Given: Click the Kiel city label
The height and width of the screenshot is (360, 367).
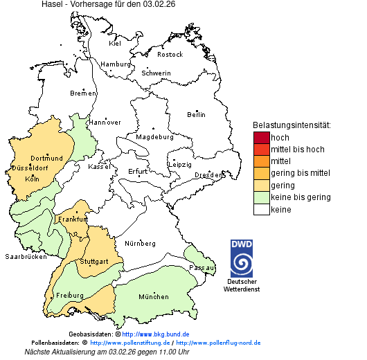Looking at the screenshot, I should point(115,44).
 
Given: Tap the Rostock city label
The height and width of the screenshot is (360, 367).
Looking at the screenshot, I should point(170,55).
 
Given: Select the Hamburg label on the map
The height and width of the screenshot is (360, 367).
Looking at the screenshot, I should point(116,64).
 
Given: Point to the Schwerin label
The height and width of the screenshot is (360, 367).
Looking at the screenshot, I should point(156,73).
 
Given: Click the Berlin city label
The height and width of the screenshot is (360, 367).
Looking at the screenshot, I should point(196,114).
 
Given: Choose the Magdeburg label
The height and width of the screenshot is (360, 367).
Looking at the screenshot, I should point(154,137).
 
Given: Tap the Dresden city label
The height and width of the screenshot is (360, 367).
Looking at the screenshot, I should point(208,175).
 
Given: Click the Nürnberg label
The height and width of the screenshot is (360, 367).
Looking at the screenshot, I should point(140,244).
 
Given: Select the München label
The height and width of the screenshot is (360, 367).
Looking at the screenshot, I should point(154,297).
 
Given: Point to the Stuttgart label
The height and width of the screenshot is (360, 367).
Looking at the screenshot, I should point(94,262).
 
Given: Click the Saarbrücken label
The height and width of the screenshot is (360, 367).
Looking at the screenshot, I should point(26,256).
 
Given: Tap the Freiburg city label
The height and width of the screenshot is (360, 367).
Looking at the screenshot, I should point(69,296).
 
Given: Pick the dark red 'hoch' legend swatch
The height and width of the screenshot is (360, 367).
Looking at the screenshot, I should point(261,138).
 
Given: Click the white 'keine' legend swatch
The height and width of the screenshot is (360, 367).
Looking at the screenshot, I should point(261,209).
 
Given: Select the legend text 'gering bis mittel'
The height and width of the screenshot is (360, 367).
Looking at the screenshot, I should point(300,173).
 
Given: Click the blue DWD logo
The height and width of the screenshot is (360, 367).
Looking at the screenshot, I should point(242,258).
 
